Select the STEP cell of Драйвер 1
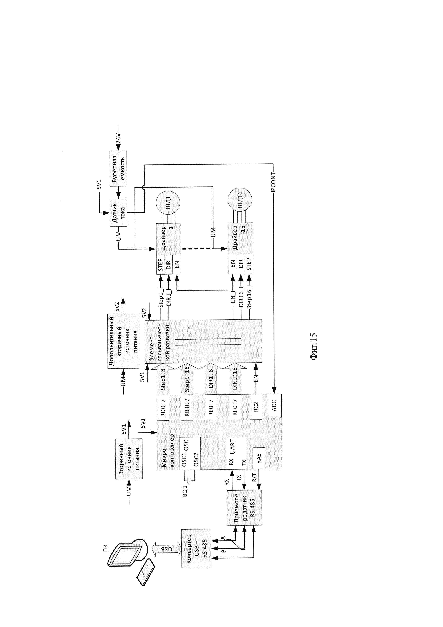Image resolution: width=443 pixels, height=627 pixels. (x=161, y=264)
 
